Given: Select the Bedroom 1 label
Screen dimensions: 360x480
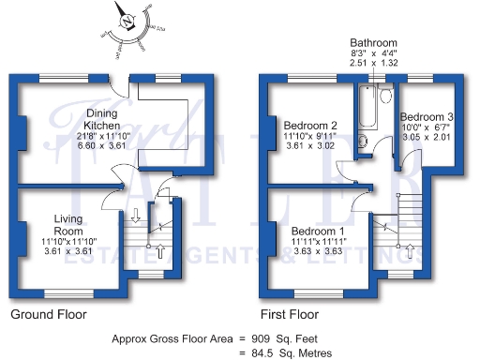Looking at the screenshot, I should pos(317,231).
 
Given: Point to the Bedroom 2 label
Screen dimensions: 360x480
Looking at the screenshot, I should pos(309,126).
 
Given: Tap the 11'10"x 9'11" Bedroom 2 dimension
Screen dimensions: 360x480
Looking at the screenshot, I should pos(309,137).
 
